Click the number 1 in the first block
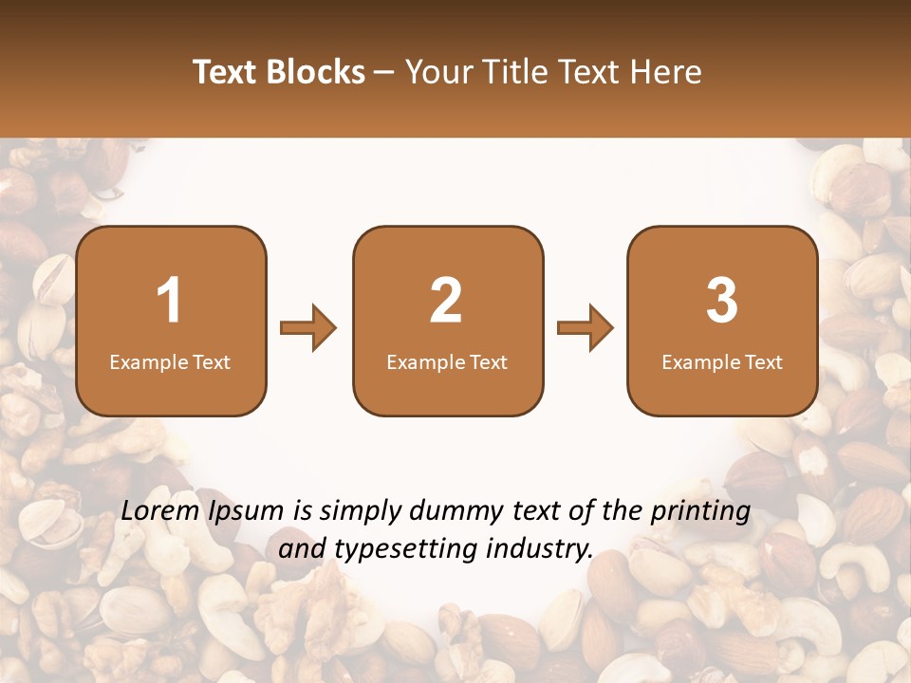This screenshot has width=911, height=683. (170, 301)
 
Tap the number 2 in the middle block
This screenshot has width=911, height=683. (446, 301)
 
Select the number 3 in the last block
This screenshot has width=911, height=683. (722, 301)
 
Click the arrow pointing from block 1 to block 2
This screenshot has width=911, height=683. (308, 328)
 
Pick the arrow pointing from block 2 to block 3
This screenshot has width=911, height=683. (586, 328)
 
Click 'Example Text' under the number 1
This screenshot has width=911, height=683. (170, 362)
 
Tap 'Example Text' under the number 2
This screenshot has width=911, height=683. (447, 362)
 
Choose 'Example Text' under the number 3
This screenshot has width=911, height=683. (722, 362)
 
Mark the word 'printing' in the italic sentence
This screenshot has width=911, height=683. (699, 512)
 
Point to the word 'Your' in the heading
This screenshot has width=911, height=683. (437, 72)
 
